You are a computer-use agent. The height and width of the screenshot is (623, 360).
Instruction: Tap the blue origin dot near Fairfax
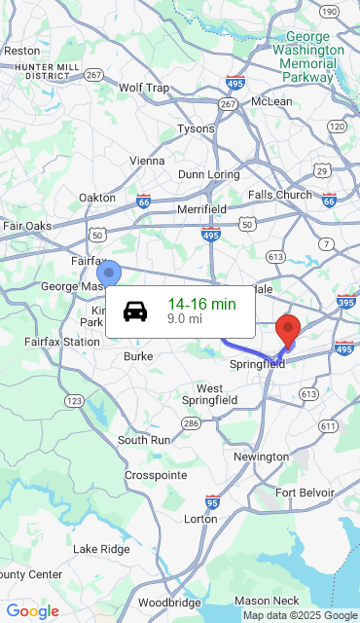[x=109, y=273]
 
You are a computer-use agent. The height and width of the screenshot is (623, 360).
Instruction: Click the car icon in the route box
[x=135, y=311]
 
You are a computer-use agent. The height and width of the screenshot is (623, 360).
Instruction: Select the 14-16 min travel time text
[x=201, y=305]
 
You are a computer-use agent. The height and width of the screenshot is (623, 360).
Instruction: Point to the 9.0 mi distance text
[x=185, y=318]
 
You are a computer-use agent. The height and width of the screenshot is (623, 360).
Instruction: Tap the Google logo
[x=33, y=611]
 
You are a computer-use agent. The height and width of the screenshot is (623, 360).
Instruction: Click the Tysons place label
[x=196, y=128]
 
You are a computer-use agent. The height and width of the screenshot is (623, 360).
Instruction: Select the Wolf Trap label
[x=144, y=88]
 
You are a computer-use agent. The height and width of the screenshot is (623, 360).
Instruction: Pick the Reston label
[x=21, y=51]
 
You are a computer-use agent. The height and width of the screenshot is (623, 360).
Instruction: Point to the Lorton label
[x=201, y=519]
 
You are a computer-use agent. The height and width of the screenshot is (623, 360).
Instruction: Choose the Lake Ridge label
[x=101, y=550]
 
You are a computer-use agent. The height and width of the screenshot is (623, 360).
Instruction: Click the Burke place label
[x=138, y=356]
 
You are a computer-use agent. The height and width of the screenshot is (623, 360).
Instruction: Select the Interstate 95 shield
[x=212, y=501]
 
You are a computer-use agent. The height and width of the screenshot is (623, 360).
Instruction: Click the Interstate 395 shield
[x=345, y=303]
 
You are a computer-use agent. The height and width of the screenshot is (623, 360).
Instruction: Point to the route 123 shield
[x=74, y=401]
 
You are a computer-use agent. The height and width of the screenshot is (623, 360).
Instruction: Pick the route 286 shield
[x=191, y=422]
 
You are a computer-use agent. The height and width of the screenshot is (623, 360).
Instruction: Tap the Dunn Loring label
[x=208, y=174]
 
